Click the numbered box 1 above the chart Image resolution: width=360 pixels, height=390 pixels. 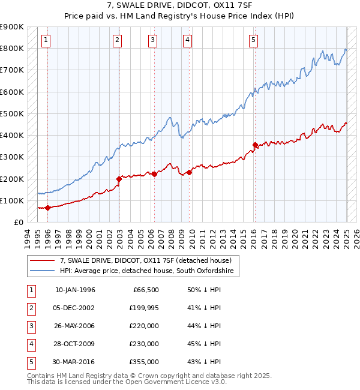pyautogui.click(x=46, y=40)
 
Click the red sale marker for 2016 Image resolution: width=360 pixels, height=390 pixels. pyautogui.click(x=255, y=145)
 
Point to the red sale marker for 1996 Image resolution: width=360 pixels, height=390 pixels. pyautogui.click(x=47, y=208)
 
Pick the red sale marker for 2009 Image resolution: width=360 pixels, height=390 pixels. pyautogui.click(x=189, y=172)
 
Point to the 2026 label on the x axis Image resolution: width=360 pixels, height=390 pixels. pyautogui.click(x=356, y=237)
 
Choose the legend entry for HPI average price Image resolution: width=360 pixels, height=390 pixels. pyautogui.click(x=149, y=271)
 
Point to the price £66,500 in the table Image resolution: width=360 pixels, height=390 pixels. pyautogui.click(x=145, y=290)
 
